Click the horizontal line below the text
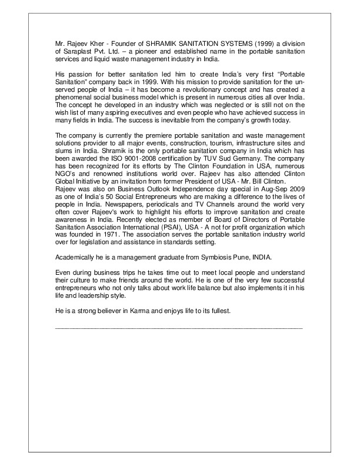pos(178,326)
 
